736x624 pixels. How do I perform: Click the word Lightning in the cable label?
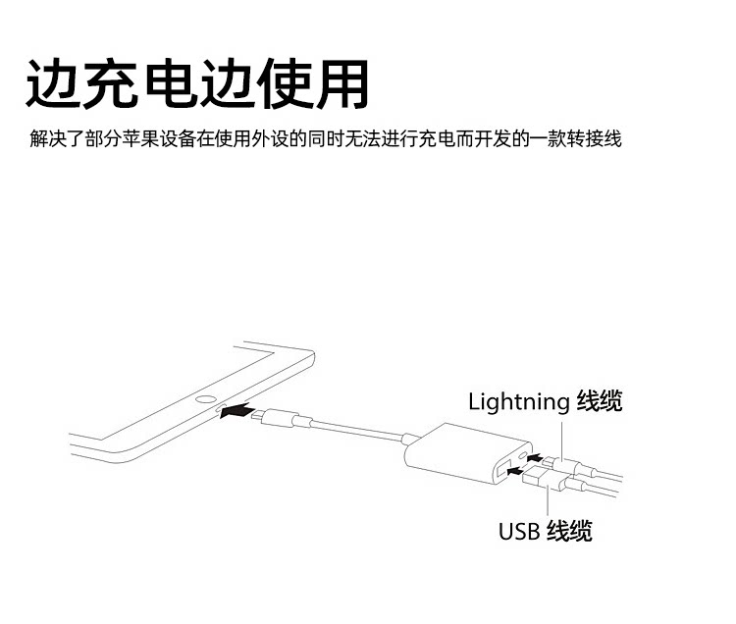tap(518, 401)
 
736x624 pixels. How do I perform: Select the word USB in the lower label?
tap(519, 532)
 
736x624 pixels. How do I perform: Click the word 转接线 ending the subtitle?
tap(598, 138)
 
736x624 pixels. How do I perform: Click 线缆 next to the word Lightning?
tap(599, 401)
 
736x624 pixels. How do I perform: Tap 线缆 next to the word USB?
tap(569, 532)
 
